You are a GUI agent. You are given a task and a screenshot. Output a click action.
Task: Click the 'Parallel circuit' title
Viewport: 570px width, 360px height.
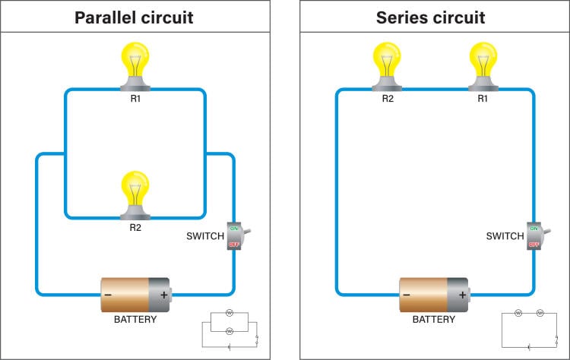tap(134, 17)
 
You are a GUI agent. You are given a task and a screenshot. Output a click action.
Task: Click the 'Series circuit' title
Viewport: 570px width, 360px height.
tap(431, 17)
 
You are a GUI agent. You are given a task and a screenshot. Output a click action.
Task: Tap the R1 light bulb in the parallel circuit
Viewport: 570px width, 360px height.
tap(135, 65)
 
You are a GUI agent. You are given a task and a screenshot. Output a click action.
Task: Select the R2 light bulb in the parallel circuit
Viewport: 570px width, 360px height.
tap(135, 194)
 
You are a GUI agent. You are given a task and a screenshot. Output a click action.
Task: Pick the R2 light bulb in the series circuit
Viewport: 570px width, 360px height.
tap(388, 65)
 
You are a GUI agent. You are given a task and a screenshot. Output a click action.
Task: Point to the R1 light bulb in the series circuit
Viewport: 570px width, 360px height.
tap(483, 65)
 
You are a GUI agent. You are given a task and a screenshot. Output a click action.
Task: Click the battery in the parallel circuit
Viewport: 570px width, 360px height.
tap(136, 294)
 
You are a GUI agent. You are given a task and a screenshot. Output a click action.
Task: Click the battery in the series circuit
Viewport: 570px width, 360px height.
tap(434, 294)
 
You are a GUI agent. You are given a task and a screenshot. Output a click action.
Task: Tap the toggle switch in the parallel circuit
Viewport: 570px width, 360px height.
tap(236, 236)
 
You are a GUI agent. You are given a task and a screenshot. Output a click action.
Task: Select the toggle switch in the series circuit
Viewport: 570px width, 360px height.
tap(535, 236)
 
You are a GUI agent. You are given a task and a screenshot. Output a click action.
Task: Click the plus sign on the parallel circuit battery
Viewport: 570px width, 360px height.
tap(163, 294)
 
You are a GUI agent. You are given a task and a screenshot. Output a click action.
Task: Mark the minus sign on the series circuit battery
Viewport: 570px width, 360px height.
tap(407, 294)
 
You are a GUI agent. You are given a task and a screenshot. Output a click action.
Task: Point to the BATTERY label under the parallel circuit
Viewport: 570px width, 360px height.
tap(135, 320)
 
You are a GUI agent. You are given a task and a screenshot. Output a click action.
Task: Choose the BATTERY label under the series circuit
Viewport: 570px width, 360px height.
tap(434, 320)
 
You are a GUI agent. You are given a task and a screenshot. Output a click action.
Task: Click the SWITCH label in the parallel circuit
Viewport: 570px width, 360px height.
tap(204, 236)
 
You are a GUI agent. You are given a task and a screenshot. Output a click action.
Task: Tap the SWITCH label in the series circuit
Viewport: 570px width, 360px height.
tap(505, 236)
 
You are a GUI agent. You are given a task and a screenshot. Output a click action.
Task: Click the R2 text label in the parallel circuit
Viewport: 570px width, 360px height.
tap(135, 226)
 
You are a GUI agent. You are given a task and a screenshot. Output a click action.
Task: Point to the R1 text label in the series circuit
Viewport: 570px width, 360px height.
tap(483, 99)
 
